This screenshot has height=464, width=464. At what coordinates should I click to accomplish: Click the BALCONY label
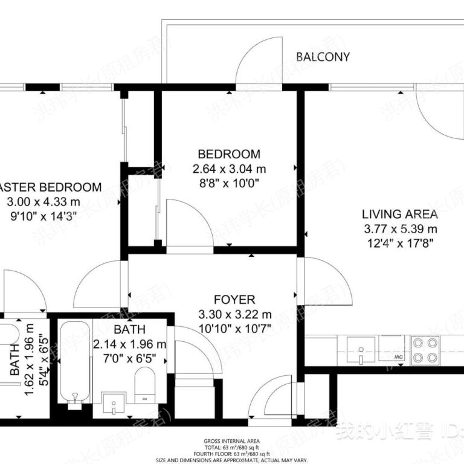[323, 57]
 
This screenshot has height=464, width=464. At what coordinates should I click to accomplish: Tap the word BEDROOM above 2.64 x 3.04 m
[229, 154]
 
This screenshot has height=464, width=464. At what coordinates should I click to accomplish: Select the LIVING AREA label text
[399, 214]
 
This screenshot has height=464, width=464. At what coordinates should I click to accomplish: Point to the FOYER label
[234, 300]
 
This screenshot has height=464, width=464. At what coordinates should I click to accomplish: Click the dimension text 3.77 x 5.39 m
[400, 229]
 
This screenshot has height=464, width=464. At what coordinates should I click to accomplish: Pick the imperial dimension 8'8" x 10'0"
[229, 183]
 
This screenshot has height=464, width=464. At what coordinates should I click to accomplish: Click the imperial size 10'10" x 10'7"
[234, 329]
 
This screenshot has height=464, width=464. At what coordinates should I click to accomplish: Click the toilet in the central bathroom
[146, 385]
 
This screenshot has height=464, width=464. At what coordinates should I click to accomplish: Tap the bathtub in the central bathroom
[74, 362]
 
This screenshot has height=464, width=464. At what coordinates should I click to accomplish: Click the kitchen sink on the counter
[361, 350]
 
